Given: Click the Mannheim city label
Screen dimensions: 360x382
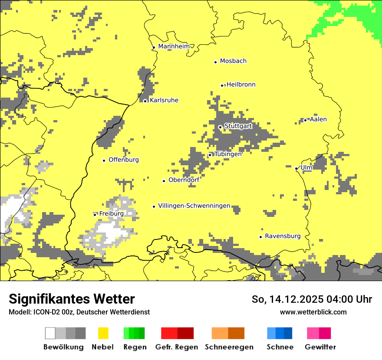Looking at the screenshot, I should pos(174,46).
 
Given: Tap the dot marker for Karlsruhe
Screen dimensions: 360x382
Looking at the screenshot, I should pos(145,101).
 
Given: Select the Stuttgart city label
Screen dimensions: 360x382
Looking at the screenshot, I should pos(238,126).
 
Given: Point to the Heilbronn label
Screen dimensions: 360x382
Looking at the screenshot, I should pos(241,85).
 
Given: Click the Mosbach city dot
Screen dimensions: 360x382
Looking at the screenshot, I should pos(215,62).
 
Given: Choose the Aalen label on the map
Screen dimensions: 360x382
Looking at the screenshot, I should pos(318,119).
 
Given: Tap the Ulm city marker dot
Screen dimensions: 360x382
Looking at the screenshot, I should pos(296,169).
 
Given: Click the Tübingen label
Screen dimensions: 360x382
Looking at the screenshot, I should pos(228,154).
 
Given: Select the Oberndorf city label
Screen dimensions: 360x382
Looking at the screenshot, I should pos(184,180).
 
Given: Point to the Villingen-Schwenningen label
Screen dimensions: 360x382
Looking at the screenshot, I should pos(194,206).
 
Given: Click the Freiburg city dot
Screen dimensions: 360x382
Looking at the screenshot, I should pos(95,215).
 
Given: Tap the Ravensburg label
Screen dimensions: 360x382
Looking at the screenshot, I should pos(283,236).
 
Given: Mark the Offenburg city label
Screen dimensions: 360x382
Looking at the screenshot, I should pos(124,160).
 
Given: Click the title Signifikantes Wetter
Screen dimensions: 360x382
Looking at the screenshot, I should pos(72,299).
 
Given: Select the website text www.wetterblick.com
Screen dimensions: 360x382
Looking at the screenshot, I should pos(313,312).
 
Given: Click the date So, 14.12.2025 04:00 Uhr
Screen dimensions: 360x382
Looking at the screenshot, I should pos(312,299).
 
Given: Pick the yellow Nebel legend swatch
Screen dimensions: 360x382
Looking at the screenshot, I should pos(103,333).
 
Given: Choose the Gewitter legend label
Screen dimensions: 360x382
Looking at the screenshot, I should pos(320,347).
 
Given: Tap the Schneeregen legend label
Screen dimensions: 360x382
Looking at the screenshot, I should pos(229,347).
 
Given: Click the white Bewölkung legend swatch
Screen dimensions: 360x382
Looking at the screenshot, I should pos(50,333).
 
